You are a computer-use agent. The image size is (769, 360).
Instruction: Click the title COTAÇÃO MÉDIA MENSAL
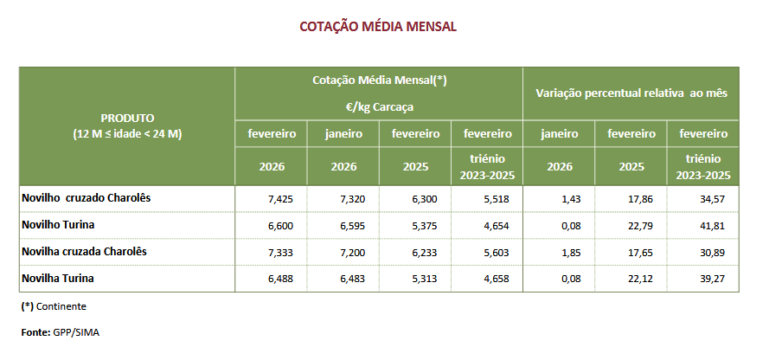pos(378,27)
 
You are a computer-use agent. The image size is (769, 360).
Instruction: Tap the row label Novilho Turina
pos(58,225)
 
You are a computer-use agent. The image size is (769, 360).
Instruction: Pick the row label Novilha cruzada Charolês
pos(84,252)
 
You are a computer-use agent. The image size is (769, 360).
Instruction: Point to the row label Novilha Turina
pos(57,279)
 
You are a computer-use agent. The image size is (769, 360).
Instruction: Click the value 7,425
pos(282,199)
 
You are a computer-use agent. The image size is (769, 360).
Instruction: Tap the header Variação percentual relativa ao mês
pos(631,93)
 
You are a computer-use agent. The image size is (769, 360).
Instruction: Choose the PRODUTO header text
pos(127,118)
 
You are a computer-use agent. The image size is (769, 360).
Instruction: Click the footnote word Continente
pos(61,306)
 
